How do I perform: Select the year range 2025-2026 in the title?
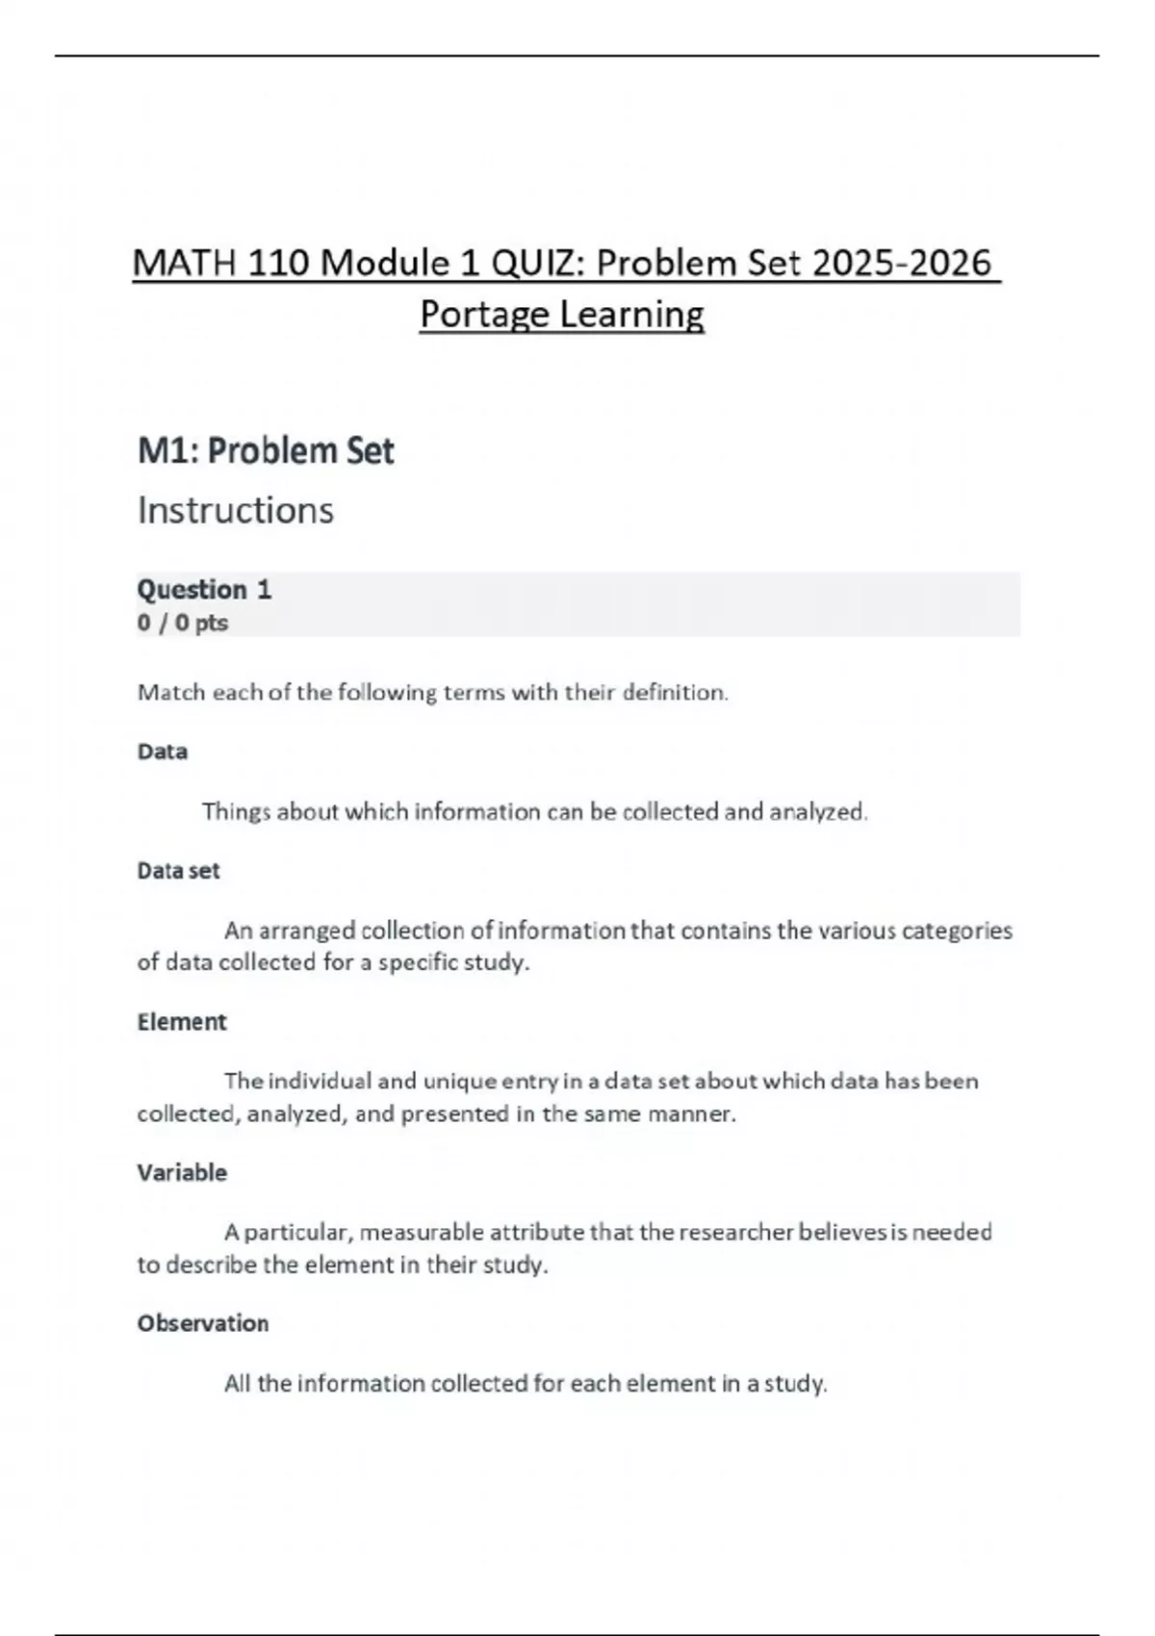point(901,263)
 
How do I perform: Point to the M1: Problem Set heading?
point(266,450)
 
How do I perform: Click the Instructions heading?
point(235,510)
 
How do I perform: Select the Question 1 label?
point(204,589)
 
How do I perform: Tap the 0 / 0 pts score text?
point(182,623)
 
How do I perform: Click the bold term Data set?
point(178,871)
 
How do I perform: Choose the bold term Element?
point(181,1022)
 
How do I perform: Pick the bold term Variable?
point(182,1173)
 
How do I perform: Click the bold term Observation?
point(202,1323)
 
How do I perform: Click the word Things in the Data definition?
point(236,812)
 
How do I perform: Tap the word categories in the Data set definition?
point(956,931)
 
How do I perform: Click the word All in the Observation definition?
point(237,1384)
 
